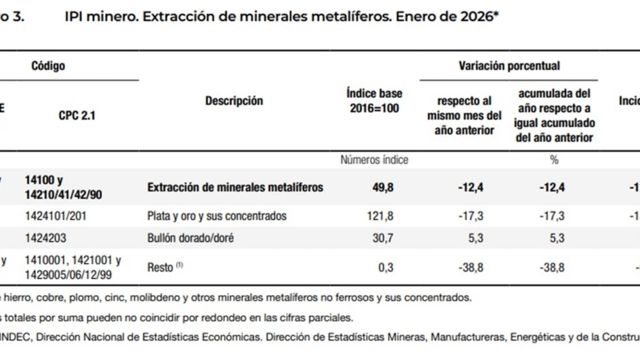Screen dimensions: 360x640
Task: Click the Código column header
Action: (48, 65)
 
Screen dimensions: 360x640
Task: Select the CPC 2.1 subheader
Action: (76, 115)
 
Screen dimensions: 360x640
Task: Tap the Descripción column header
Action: (234, 100)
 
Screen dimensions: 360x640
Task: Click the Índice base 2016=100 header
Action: (374, 100)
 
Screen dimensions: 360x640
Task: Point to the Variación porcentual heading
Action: (509, 65)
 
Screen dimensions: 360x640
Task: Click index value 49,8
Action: (382, 187)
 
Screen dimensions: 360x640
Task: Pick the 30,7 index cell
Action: (382, 238)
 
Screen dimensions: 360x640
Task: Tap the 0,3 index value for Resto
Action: (385, 267)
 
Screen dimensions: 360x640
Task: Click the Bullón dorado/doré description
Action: (190, 238)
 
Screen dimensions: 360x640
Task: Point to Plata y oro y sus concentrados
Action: (216, 216)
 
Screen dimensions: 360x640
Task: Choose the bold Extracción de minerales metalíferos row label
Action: (235, 187)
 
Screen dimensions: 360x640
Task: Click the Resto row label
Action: (160, 267)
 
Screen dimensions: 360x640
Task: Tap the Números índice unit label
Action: (374, 160)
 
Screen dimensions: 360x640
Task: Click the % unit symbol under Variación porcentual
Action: (554, 160)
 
